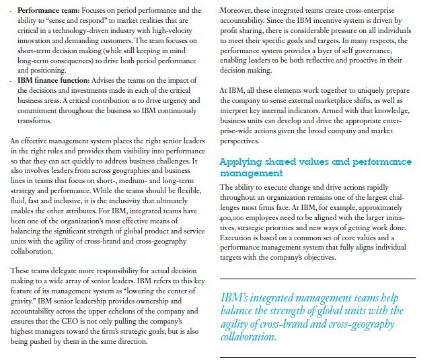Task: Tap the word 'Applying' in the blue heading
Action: click(x=244, y=162)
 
